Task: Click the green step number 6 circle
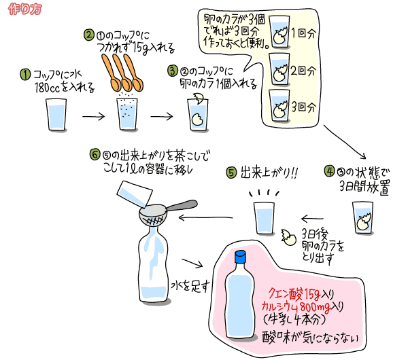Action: [95, 155]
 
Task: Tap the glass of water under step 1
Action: [55, 115]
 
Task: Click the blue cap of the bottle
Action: [239, 257]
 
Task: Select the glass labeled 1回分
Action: [279, 33]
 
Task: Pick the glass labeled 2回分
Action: [279, 70]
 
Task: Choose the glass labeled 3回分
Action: [279, 105]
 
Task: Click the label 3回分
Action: [304, 107]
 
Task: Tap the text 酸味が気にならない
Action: [310, 336]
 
